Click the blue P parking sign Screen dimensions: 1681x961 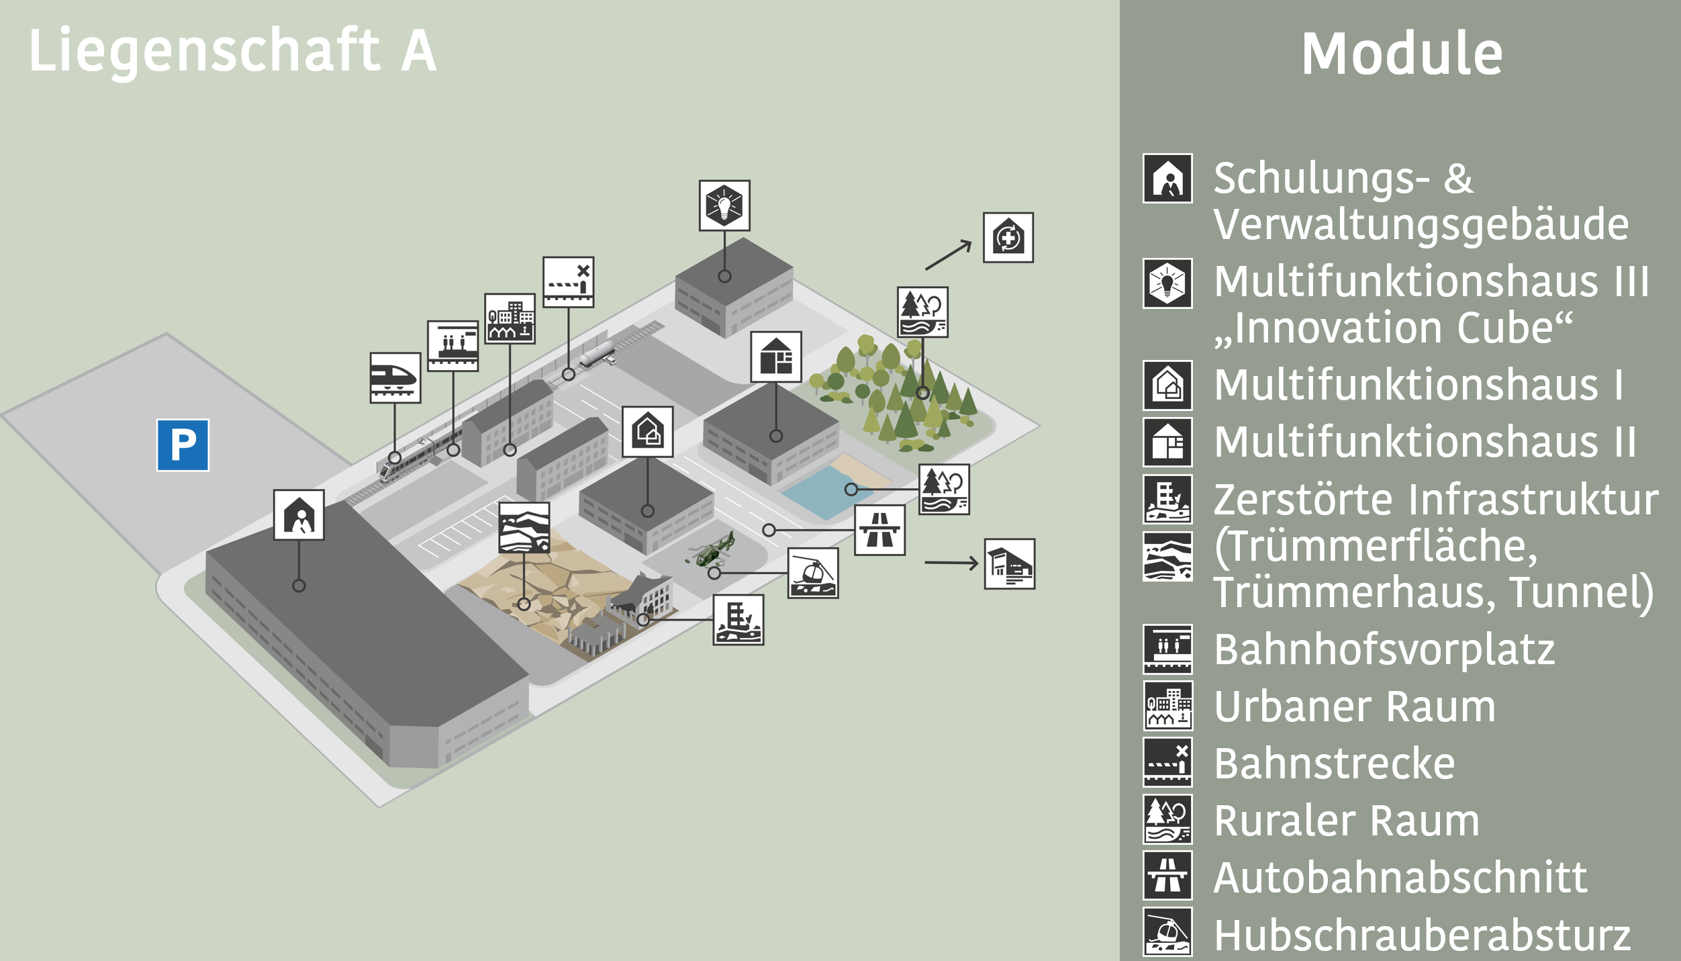pyautogui.click(x=183, y=445)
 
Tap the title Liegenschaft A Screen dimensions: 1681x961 pyautogui.click(x=233, y=51)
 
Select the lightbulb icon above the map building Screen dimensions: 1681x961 pyautogui.click(x=724, y=205)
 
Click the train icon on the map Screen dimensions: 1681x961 pyautogui.click(x=395, y=377)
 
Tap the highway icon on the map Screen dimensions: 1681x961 pyautogui.click(x=879, y=530)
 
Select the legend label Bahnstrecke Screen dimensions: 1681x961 pyautogui.click(x=1335, y=764)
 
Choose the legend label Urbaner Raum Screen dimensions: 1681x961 pyautogui.click(x=1355, y=706)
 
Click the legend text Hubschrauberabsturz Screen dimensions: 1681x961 pyautogui.click(x=1423, y=935)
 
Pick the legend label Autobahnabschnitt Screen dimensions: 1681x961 pyautogui.click(x=1401, y=877)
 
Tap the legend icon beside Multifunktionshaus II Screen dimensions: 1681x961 pyautogui.click(x=1168, y=442)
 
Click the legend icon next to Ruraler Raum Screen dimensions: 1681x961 pyautogui.click(x=1168, y=819)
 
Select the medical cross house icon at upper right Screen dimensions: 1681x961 pyautogui.click(x=1008, y=238)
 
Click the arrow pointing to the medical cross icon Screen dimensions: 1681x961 pyautogui.click(x=949, y=255)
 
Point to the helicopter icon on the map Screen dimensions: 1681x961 pyautogui.click(x=813, y=573)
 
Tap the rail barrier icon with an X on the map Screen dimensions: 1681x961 pyautogui.click(x=569, y=282)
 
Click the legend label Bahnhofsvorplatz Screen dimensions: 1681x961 pyautogui.click(x=1384, y=650)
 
